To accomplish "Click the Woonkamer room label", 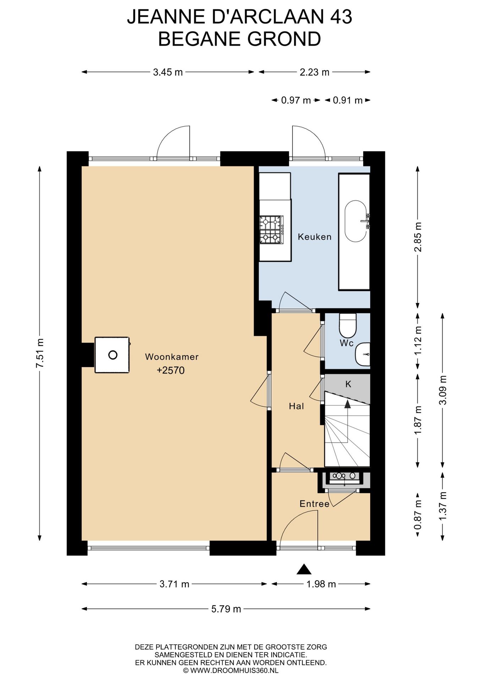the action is coord(172,357).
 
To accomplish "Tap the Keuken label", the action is coord(314,237).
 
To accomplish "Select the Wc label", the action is coord(346,343).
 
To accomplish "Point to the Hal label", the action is coord(296,406).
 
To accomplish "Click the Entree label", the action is coord(314,504).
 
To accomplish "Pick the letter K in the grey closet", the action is coord(348,384).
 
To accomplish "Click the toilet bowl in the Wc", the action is coord(348,325).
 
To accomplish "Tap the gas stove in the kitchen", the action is coord(272,230).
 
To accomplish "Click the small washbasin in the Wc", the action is coord(363,354).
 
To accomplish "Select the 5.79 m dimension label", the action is coord(226,609).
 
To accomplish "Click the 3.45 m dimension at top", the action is coord(168,72).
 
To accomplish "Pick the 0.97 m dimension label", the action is coord(296,101).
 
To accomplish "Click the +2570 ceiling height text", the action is coord(171,370).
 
